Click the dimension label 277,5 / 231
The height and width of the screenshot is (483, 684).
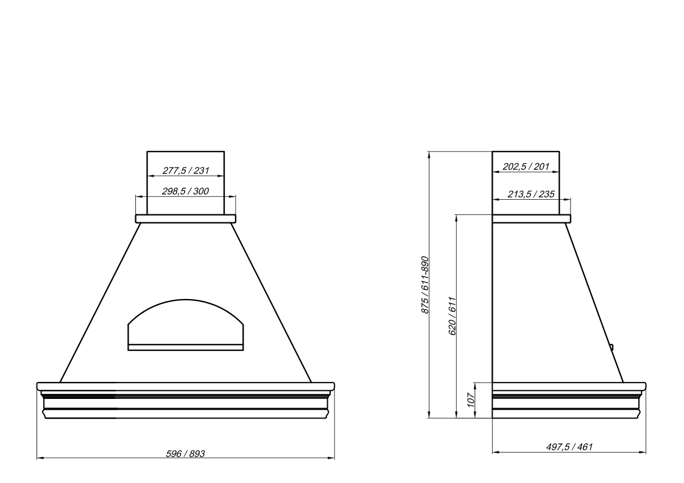point(186,171)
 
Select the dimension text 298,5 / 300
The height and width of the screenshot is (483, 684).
point(185,191)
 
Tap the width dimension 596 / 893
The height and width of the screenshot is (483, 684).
point(185,454)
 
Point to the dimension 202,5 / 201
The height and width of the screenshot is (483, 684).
point(526,167)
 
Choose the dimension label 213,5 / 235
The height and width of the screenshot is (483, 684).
point(531,194)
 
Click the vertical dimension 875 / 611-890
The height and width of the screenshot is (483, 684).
point(425,284)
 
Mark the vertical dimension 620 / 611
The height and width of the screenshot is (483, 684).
point(453,316)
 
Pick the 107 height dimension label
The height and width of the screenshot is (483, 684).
point(471,400)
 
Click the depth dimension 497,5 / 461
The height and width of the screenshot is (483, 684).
point(569,447)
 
